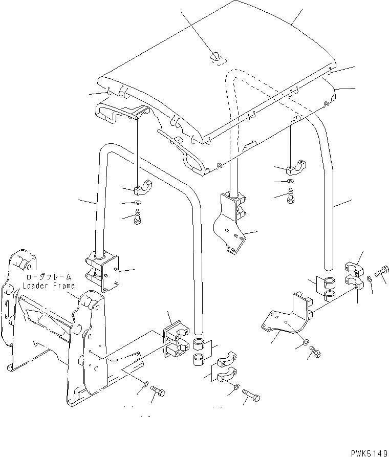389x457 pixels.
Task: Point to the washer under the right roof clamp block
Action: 290,181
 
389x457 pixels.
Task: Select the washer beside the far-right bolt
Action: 370,279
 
